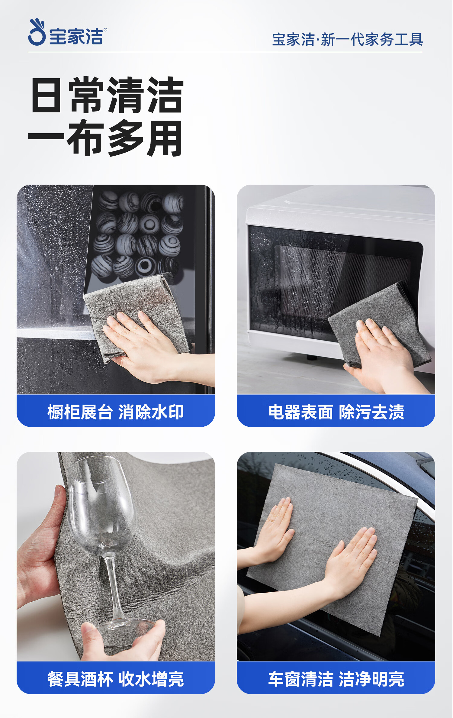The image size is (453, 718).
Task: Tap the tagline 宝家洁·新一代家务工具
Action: click(x=347, y=40)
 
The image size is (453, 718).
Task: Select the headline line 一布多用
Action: click(x=105, y=138)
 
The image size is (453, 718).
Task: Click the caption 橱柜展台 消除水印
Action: click(x=116, y=412)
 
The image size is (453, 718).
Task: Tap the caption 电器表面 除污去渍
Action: click(x=336, y=412)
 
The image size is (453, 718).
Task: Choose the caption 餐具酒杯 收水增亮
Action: click(x=116, y=679)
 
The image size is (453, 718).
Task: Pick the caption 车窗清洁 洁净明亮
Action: click(x=336, y=679)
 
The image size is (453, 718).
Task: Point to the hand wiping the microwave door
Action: click(x=384, y=354)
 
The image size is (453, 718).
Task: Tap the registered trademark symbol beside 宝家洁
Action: click(x=105, y=30)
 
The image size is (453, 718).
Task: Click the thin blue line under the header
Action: click(x=225, y=52)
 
